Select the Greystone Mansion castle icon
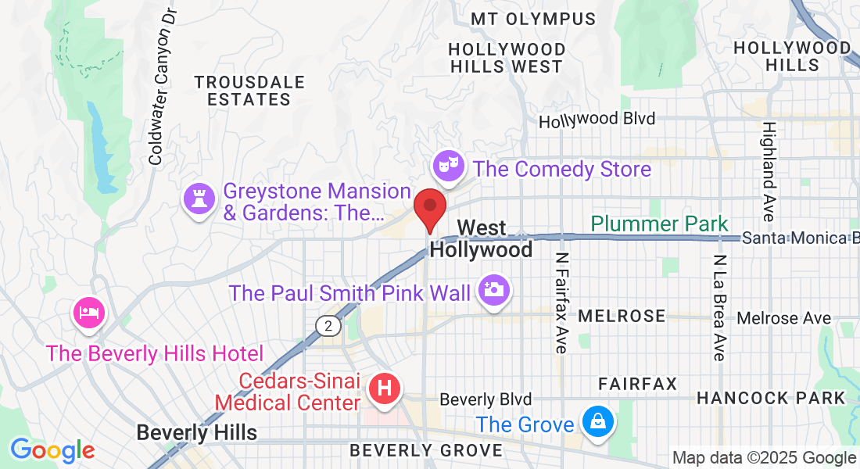[199, 199]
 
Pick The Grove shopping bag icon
[598, 423]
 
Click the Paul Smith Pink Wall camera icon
[494, 290]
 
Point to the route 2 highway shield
[329, 326]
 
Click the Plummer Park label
[659, 224]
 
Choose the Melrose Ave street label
[784, 318]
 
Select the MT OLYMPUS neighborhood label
[533, 19]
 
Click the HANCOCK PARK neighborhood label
[770, 398]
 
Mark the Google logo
[52, 449]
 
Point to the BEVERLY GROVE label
[425, 450]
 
